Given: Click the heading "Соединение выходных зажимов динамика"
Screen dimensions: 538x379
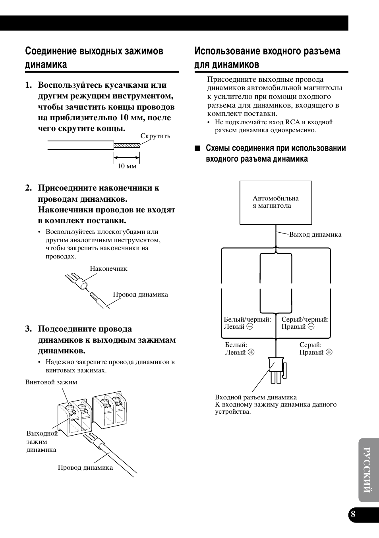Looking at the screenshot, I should [x=94, y=58].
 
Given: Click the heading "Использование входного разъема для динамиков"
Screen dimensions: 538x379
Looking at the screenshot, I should [x=267, y=58].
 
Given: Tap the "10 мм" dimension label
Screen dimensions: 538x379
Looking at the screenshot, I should [x=127, y=166].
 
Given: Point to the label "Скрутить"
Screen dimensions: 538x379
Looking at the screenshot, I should [x=155, y=136].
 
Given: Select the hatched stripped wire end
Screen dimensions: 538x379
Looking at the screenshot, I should [x=127, y=145].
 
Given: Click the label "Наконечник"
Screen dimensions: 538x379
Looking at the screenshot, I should [x=108, y=268].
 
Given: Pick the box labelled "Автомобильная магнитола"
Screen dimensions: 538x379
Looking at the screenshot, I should [x=276, y=202].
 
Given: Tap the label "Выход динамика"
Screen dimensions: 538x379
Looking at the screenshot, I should [x=315, y=234].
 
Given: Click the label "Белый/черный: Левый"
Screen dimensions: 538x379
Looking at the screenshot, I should [x=247, y=323].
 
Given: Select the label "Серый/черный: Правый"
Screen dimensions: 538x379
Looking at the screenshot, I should [x=305, y=323].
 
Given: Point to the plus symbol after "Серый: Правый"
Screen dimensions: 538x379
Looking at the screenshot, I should [x=329, y=352].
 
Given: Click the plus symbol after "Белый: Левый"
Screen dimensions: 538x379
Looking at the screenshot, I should [x=251, y=352].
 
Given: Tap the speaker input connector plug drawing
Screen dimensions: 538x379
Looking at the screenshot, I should [x=277, y=370].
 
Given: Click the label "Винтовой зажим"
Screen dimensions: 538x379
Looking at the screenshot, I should [x=51, y=382].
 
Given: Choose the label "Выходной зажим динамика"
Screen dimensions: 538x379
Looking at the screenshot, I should [x=42, y=441].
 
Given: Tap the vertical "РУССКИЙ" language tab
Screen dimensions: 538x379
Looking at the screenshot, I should [x=368, y=470].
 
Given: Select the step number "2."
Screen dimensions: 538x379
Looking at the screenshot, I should [x=29, y=188].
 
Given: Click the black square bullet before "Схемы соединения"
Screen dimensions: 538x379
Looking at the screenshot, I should [x=197, y=148].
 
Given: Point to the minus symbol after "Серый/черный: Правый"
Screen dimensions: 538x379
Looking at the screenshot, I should [x=311, y=326].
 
